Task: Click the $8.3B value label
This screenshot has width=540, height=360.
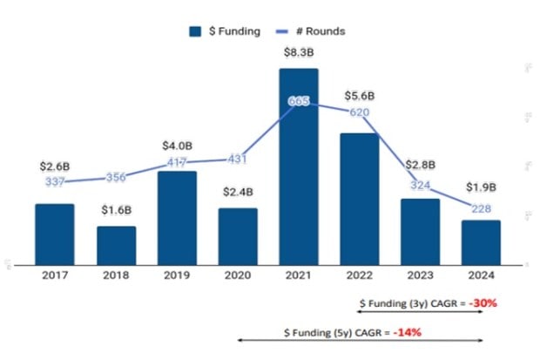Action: pyautogui.click(x=299, y=53)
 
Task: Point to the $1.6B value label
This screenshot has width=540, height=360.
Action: pyautogui.click(x=116, y=210)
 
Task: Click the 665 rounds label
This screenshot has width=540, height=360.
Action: pyautogui.click(x=299, y=102)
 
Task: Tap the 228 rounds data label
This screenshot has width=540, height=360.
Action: pyautogui.click(x=481, y=207)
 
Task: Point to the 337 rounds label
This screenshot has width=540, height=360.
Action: pyautogui.click(x=55, y=181)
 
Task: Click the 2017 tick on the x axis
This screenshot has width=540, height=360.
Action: pyautogui.click(x=55, y=275)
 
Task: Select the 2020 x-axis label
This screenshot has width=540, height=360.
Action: pyautogui.click(x=238, y=275)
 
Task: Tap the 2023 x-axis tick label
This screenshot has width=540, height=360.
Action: pyautogui.click(x=420, y=275)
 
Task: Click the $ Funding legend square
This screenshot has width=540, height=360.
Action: pyautogui.click(x=196, y=31)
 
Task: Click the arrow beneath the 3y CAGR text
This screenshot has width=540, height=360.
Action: pyautogui.click(x=420, y=312)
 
